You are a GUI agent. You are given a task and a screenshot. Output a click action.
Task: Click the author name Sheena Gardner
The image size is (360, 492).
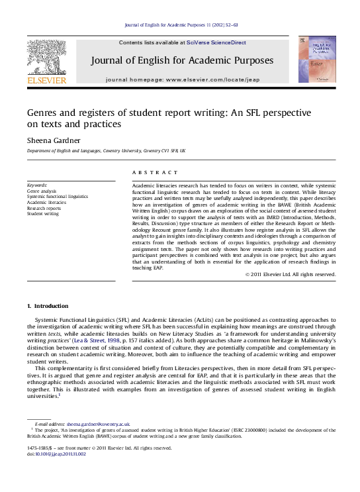click(54, 140)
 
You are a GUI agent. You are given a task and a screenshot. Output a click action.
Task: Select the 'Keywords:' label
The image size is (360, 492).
click(37, 183)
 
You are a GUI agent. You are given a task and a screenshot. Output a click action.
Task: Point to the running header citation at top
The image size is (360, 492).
click(179, 25)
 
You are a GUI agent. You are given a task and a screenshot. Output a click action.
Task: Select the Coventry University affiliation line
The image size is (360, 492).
click(106, 151)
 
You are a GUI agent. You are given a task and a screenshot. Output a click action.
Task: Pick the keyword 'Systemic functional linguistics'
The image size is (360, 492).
click(57, 196)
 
